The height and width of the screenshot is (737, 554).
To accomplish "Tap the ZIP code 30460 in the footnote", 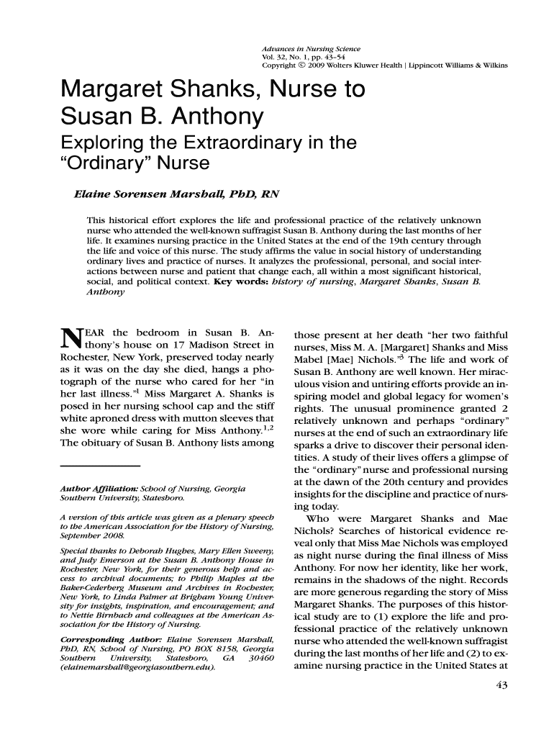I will click(259, 657).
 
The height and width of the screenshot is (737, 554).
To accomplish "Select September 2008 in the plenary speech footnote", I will click(90, 537).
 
